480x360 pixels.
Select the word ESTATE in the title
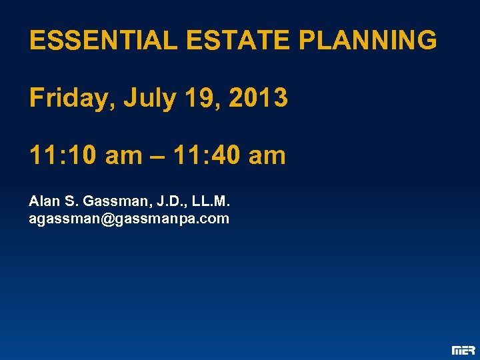pos(239,41)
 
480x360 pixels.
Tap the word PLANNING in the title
pos(368,41)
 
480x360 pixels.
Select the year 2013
pos(258,99)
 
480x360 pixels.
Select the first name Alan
pos(43,201)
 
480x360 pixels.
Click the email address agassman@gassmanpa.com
pos(129,219)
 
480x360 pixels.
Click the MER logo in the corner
pos(463,350)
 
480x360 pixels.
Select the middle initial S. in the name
pos(69,201)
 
